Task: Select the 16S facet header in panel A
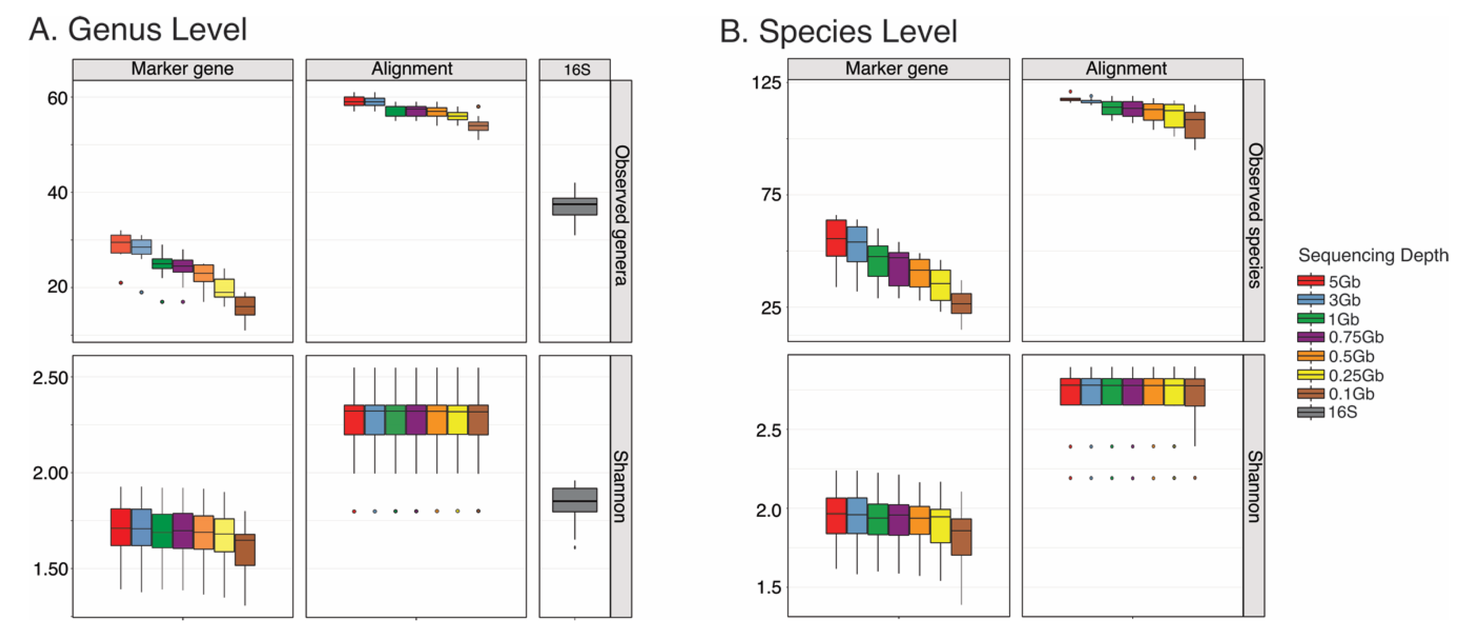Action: [x=575, y=69]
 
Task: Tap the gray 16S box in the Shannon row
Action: [x=575, y=500]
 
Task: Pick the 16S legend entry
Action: [x=1342, y=412]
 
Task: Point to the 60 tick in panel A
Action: [x=57, y=98]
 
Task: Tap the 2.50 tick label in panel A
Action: [x=50, y=378]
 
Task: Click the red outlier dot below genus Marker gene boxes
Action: [x=121, y=282]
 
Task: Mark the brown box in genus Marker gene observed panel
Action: [x=245, y=306]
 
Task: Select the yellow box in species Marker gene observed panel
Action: [x=940, y=285]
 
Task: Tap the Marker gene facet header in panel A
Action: [x=182, y=69]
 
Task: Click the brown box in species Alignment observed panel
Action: [x=1195, y=125]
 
